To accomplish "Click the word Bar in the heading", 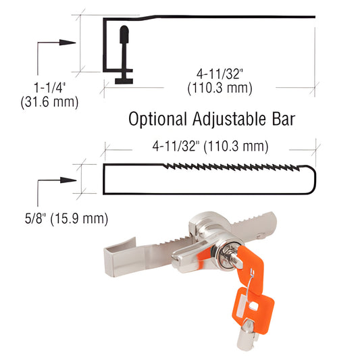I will tap(282, 120).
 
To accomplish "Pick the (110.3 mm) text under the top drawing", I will tap(220, 88).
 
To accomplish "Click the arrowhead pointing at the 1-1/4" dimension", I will tap(69, 42).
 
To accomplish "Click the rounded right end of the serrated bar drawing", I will tap(313, 179).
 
